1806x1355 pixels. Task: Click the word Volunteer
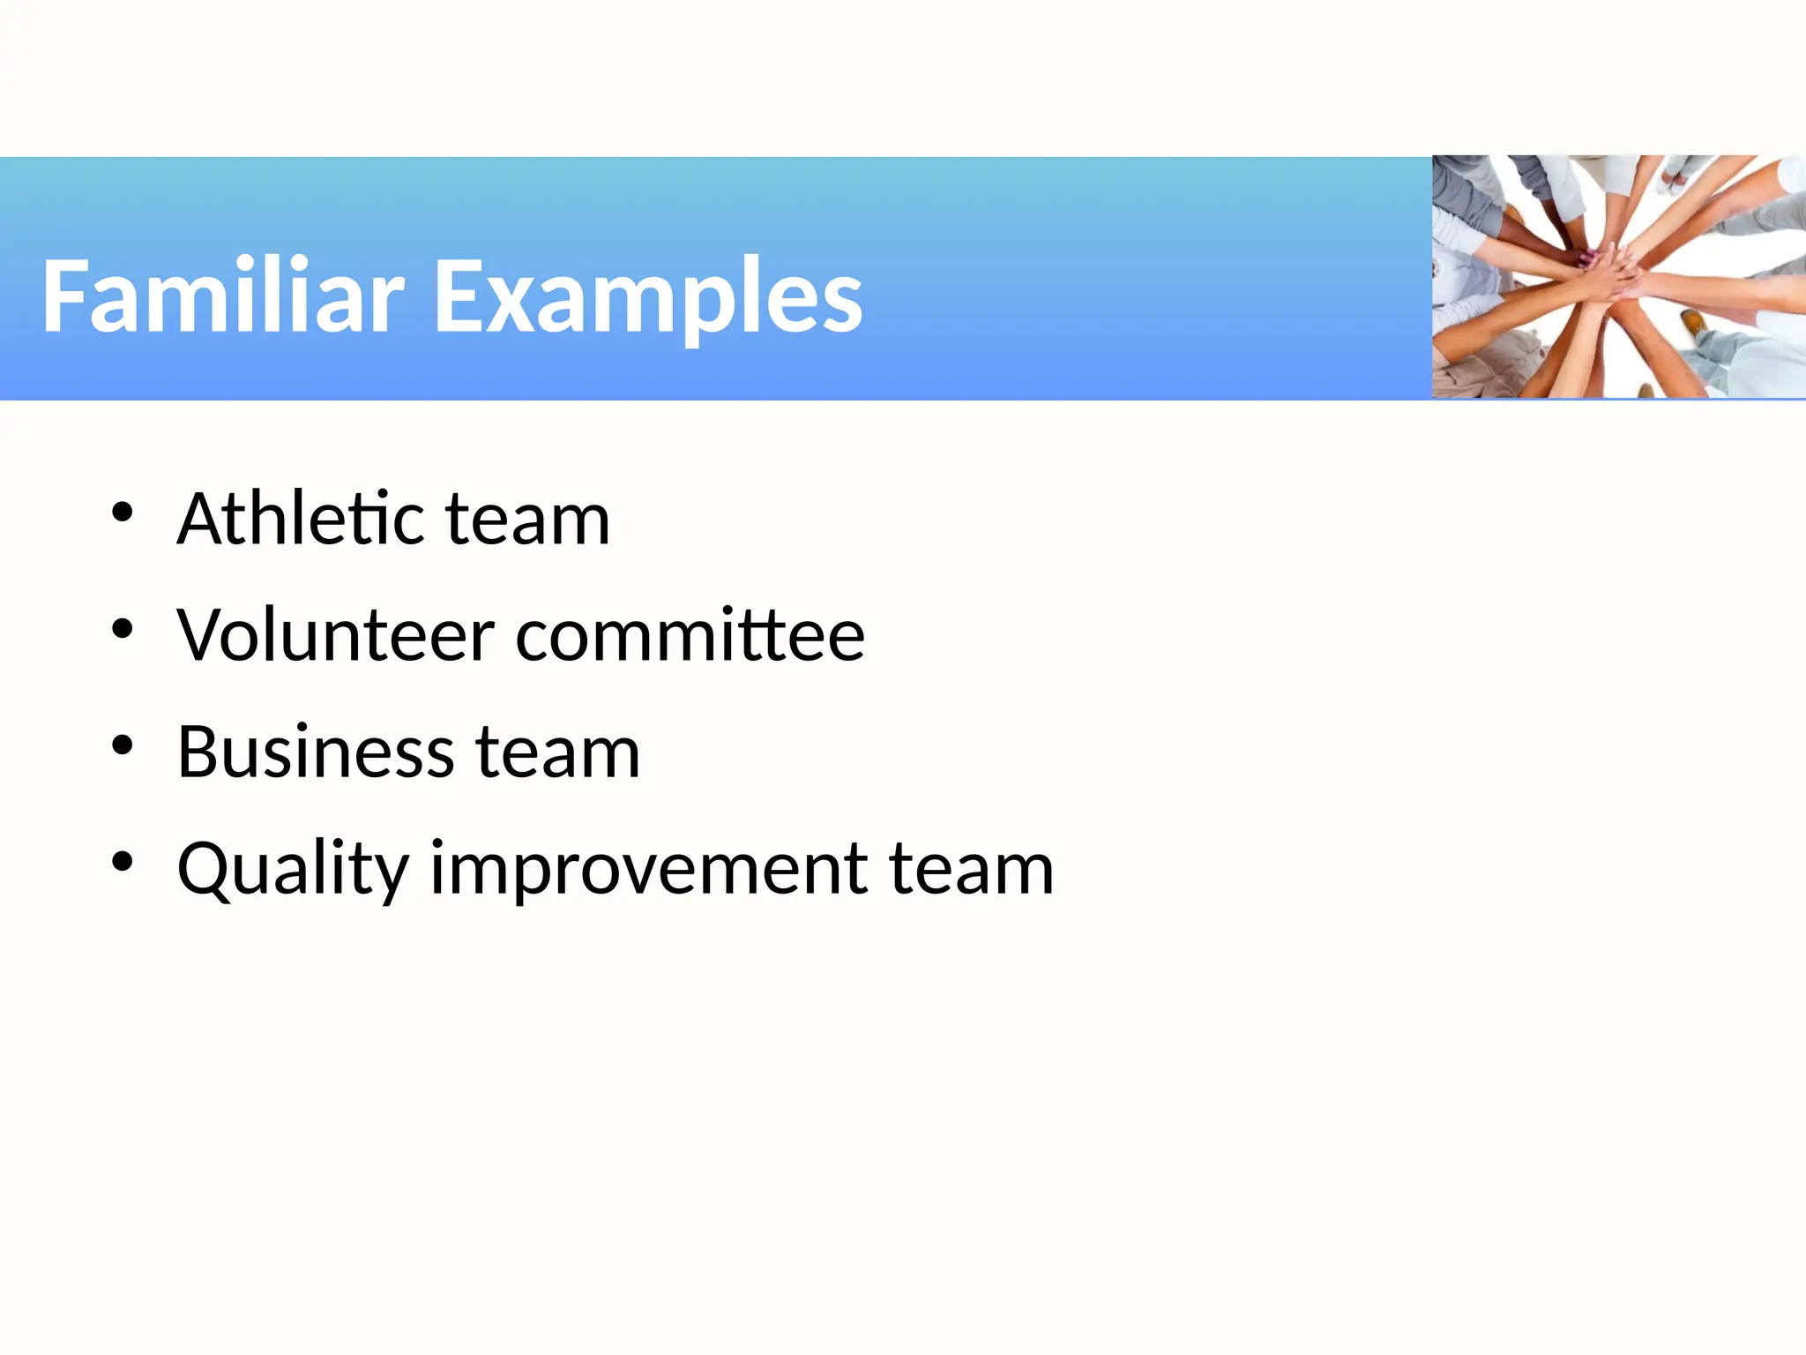click(x=335, y=635)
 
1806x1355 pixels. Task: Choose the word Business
click(x=316, y=752)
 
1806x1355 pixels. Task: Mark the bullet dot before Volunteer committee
click(x=122, y=628)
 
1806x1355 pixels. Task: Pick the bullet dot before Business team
click(x=122, y=745)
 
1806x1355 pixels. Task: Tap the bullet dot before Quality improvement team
click(x=122, y=862)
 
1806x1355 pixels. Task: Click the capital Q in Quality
click(x=205, y=869)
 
